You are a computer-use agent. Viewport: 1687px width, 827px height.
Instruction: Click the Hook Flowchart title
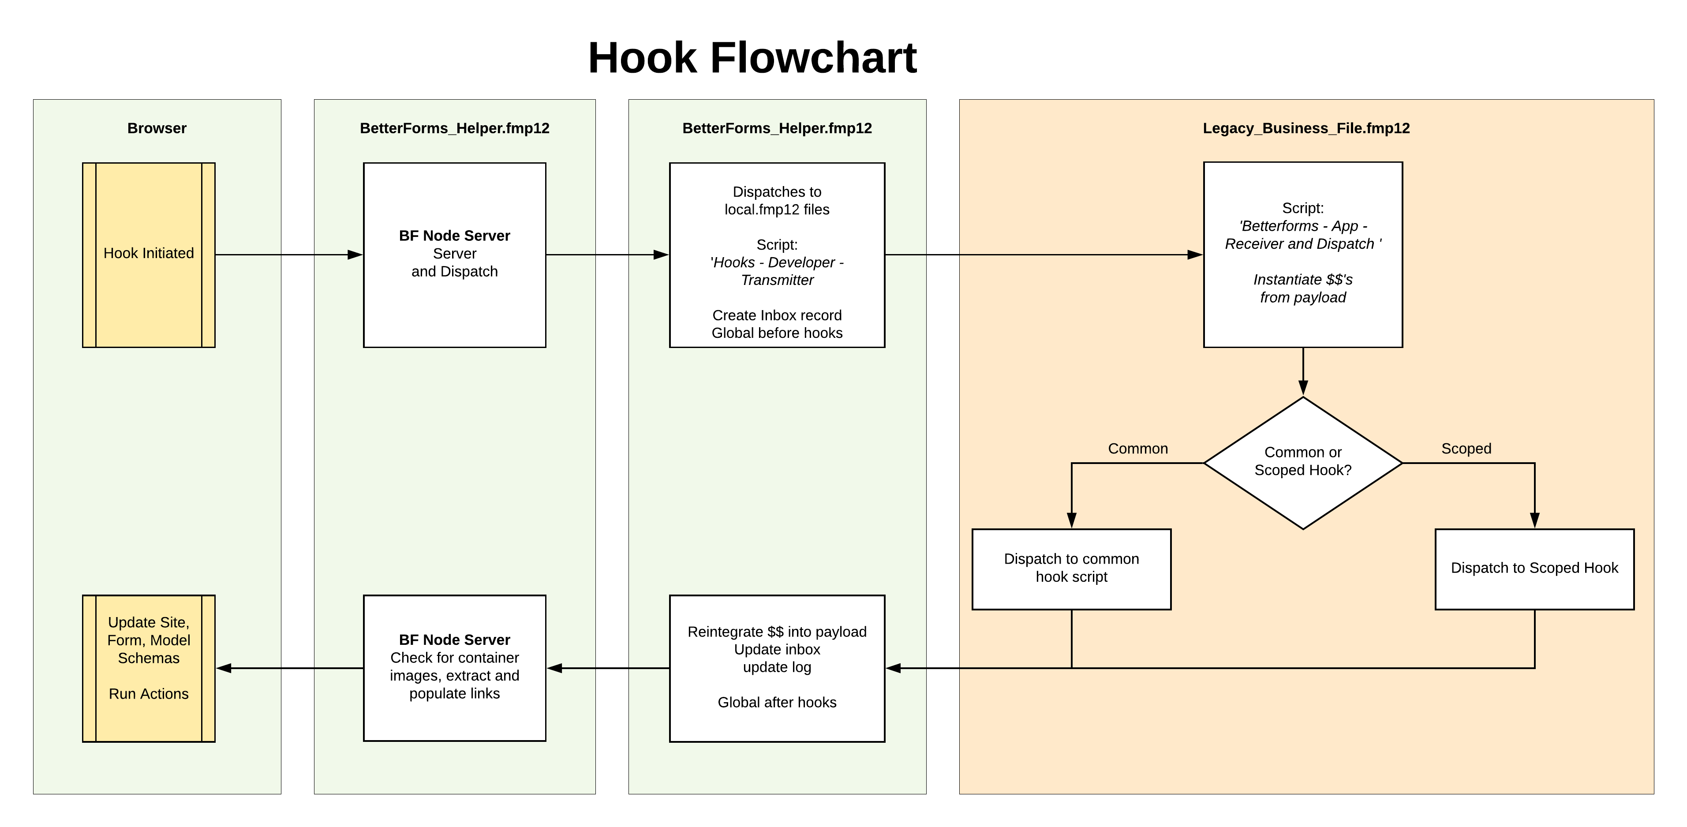752,58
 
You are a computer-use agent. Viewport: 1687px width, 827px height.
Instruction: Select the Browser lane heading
157,128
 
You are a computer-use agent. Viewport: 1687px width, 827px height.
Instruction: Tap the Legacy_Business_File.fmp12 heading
1306,128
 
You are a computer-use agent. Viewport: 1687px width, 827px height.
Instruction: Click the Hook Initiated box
149,254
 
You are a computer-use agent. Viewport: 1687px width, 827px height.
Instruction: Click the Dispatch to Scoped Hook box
1534,569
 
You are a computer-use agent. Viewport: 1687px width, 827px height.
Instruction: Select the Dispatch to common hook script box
1071,569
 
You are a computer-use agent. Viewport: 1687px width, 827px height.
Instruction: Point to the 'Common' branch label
1137,449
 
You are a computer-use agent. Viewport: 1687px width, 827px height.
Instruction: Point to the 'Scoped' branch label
1466,449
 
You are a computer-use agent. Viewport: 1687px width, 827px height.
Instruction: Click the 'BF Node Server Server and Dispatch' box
454,254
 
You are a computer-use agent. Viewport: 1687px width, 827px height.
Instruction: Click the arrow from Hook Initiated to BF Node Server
288,254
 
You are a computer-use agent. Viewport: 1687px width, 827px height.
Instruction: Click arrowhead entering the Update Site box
224,668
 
